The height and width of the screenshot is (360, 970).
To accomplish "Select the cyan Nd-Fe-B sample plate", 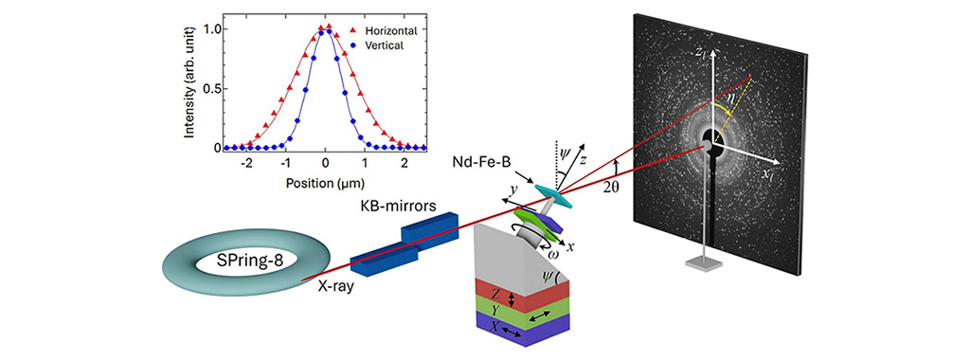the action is click(x=554, y=195).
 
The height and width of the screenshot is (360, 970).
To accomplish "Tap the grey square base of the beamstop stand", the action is click(x=704, y=264).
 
